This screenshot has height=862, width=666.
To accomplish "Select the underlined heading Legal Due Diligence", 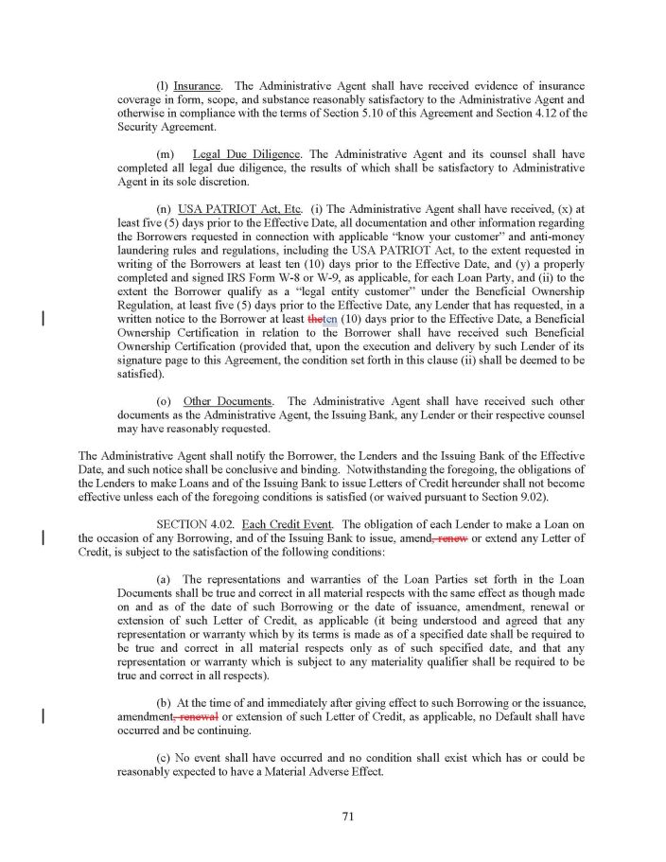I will [246, 154].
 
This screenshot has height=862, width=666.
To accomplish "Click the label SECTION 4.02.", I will [195, 523].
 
